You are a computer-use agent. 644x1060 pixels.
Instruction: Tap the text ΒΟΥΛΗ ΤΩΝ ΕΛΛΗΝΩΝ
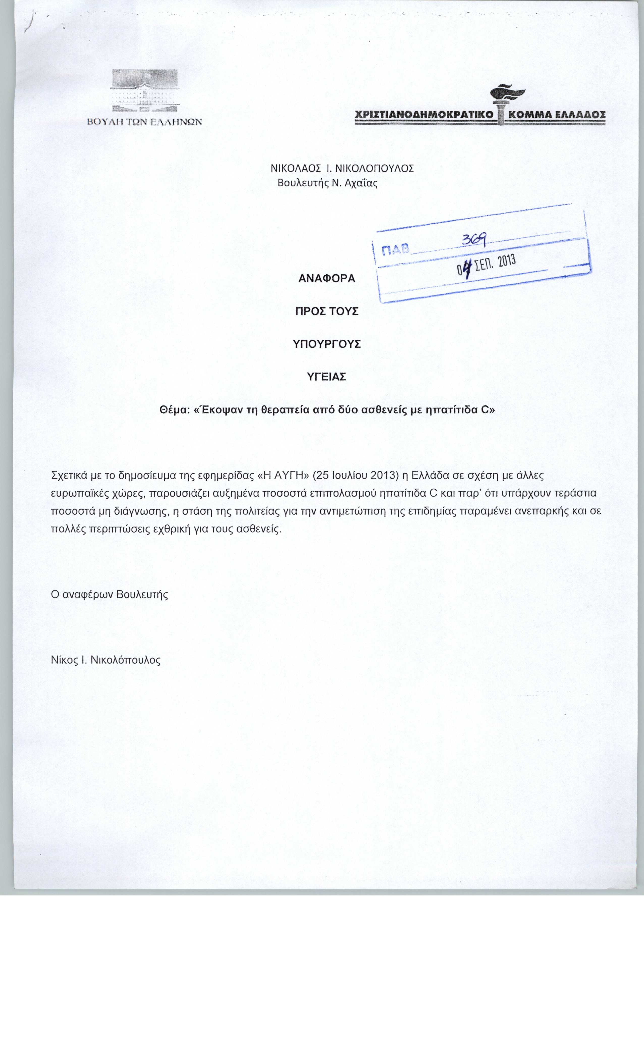point(144,122)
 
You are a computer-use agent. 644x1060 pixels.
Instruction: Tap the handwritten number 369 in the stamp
point(473,240)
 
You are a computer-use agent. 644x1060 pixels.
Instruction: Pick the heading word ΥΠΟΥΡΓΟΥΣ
point(327,344)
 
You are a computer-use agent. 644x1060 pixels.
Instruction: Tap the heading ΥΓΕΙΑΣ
point(327,377)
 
